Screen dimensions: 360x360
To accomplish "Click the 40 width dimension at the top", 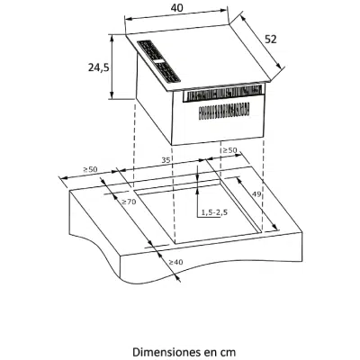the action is pos(177,8).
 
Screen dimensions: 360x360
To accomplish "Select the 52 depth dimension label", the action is pos(271,40).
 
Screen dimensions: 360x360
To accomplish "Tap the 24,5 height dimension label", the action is pos(98,67).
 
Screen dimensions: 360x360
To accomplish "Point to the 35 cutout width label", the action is pos(166,160).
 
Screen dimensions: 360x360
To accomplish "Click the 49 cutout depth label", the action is pos(256,194).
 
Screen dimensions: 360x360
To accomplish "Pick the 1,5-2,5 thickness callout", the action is pos(214,212).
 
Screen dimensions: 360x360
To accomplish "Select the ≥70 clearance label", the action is pos(129,202).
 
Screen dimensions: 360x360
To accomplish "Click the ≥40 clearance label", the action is pos(175,262).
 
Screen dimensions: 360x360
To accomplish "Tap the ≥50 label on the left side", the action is pos(90,169).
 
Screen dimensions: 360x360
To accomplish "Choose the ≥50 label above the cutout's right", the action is pos(229,150).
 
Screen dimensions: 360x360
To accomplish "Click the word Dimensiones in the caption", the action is pos(161,352).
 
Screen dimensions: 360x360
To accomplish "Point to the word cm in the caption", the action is pos(229,352).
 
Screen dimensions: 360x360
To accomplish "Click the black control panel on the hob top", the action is pos(159,61).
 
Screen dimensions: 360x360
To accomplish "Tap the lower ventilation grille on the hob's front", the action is pos(224,110).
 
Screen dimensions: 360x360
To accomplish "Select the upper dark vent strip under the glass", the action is pos(222,94).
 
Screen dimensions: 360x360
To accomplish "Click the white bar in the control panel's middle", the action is pos(159,61).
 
